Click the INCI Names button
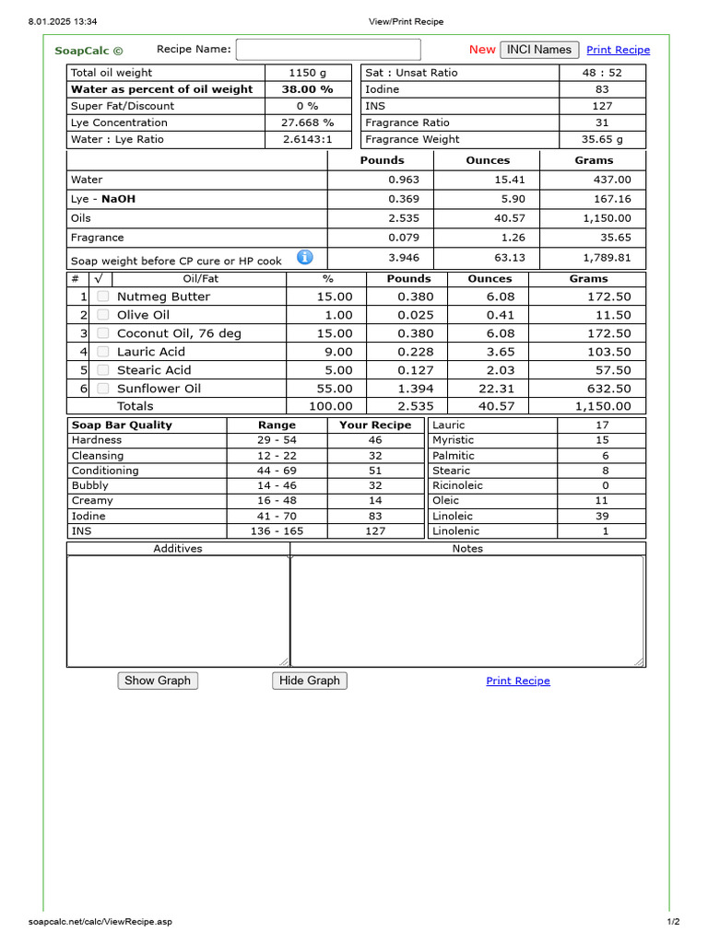539,50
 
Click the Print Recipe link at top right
618,50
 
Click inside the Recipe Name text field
328,50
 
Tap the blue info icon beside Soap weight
305,258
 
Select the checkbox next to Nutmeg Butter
103,297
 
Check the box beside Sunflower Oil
103,389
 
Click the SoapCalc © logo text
88,51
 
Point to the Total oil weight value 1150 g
308,73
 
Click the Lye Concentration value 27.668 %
308,122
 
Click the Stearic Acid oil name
154,370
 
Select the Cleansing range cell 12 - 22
277,456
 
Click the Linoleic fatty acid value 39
602,516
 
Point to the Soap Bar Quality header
122,425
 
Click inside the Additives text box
178,610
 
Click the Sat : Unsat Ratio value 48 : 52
602,73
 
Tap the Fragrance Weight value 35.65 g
602,139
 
